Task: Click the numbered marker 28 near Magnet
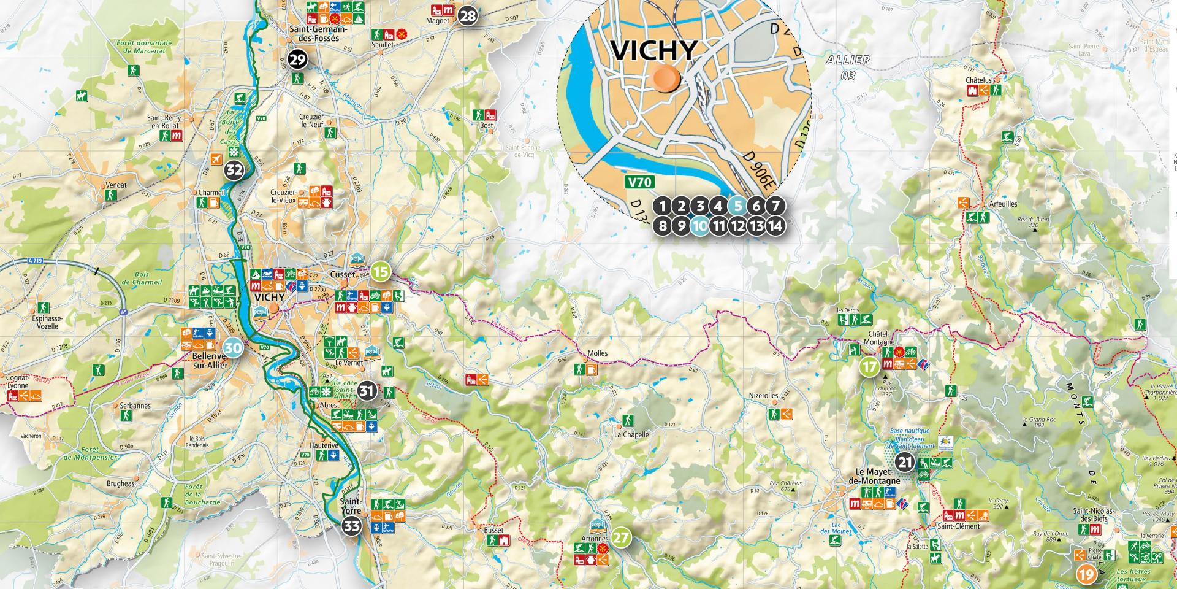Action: pos(468,16)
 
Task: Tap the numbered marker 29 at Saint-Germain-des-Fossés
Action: pos(298,60)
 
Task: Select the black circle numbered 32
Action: pos(234,170)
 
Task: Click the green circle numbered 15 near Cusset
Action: pos(381,271)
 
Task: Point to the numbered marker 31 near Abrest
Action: pos(367,390)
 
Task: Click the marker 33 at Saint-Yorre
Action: pos(352,526)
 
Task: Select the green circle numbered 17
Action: pos(869,368)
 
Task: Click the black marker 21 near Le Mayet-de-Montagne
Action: pos(905,463)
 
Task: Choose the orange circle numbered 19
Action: pos(1086,575)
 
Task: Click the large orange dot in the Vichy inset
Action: pos(666,79)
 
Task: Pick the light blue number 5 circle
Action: pos(737,207)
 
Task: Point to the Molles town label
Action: pos(597,354)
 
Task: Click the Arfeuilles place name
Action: pos(1003,204)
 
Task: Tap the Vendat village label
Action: pos(116,185)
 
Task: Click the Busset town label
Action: pos(493,530)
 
